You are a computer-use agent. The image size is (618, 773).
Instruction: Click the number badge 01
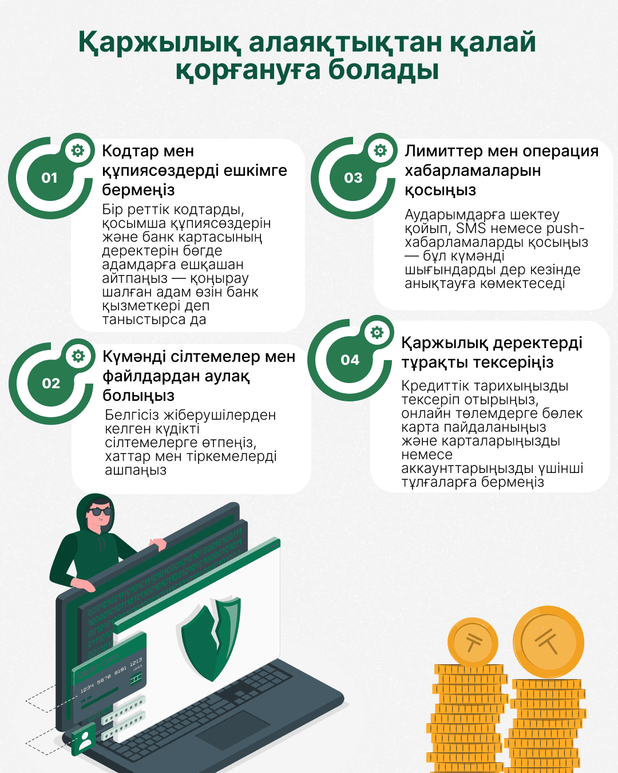(50, 178)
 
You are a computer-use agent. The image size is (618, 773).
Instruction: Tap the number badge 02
(51, 384)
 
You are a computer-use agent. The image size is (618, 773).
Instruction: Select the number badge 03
(353, 178)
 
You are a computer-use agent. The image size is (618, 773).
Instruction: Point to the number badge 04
(350, 360)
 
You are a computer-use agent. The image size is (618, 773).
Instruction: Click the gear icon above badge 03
(381, 151)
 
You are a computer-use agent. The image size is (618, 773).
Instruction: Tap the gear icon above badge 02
(78, 356)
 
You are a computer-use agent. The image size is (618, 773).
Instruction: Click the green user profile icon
(85, 739)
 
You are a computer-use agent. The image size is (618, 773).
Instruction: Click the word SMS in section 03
(470, 228)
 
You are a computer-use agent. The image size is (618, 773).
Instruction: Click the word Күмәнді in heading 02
(134, 357)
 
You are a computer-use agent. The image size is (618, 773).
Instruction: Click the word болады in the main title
(383, 70)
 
